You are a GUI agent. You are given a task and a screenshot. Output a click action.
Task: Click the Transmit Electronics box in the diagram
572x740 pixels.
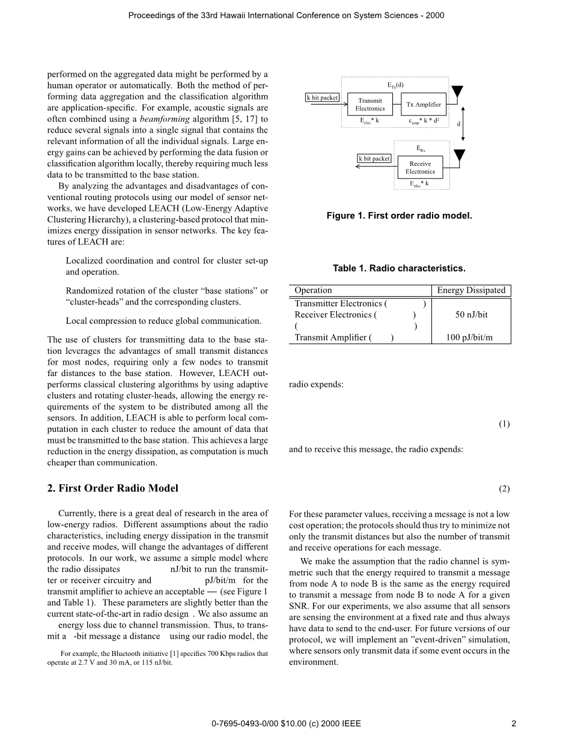(370, 105)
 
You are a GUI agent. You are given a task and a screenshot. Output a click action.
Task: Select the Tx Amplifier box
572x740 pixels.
(424, 105)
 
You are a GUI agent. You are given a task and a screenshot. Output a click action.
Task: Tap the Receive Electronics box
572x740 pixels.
(420, 167)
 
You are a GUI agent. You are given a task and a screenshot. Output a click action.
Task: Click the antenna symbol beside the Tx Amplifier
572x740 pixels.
(457, 92)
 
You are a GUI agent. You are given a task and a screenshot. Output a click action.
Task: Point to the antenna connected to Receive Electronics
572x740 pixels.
(460, 156)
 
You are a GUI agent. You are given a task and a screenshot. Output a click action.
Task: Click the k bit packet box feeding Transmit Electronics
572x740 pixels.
(323, 97)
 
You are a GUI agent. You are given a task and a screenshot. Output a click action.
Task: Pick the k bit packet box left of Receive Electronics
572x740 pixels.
(374, 159)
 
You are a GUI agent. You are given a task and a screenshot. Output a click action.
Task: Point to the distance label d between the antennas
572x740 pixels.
(458, 124)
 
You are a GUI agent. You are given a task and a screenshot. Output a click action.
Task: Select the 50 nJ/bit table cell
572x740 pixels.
(471, 315)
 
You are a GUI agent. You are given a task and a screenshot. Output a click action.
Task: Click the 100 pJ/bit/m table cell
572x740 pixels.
(471, 338)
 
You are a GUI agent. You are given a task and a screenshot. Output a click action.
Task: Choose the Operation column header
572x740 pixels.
(313, 291)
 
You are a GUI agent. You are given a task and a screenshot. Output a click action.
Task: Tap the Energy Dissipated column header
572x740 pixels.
(471, 291)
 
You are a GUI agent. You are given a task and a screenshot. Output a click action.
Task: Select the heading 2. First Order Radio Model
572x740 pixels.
(113, 488)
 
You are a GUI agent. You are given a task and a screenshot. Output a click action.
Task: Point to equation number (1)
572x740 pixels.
(504, 424)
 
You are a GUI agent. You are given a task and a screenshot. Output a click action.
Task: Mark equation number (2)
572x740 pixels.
(504, 489)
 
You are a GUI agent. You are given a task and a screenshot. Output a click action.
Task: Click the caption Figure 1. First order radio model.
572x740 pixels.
(399, 216)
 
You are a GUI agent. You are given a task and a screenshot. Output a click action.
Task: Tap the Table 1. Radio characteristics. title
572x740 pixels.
(399, 268)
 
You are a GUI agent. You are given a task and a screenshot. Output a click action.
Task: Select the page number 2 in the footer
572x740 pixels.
(514, 724)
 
